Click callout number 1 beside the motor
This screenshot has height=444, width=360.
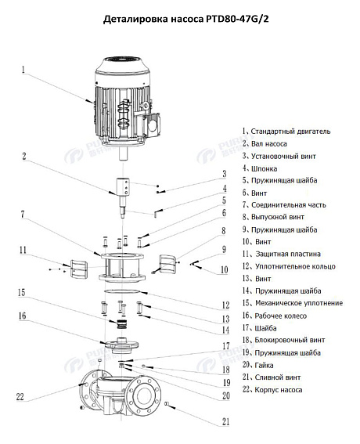point(23,69)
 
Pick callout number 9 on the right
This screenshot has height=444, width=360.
point(224,250)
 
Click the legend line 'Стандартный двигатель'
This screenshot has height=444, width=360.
point(286,132)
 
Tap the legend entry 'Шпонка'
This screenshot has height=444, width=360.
point(265,168)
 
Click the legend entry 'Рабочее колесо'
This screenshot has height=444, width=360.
point(279,315)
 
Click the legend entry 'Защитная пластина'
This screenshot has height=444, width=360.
point(286,254)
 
